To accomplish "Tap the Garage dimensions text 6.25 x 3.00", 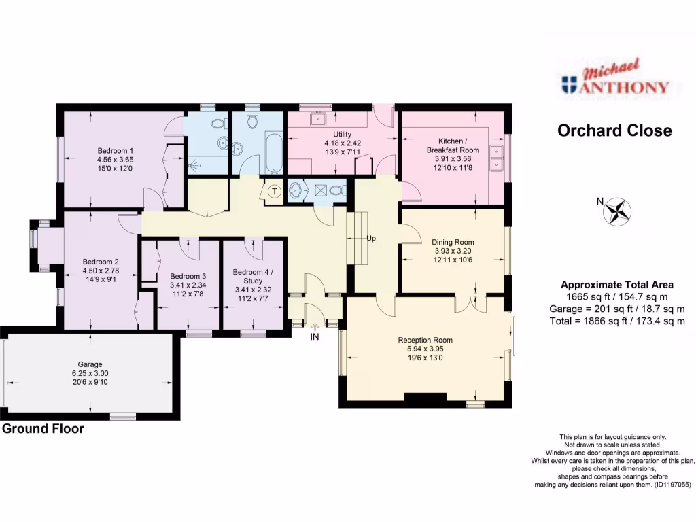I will [91, 373].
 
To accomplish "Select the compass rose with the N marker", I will [617, 211].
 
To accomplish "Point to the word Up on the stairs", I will [372, 239].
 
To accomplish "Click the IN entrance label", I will [315, 336].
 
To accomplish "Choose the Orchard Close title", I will [614, 130].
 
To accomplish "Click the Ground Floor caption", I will [43, 429].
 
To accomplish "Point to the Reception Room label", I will [425, 340].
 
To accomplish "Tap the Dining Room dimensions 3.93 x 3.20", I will [453, 251].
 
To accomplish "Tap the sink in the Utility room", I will [317, 120].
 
